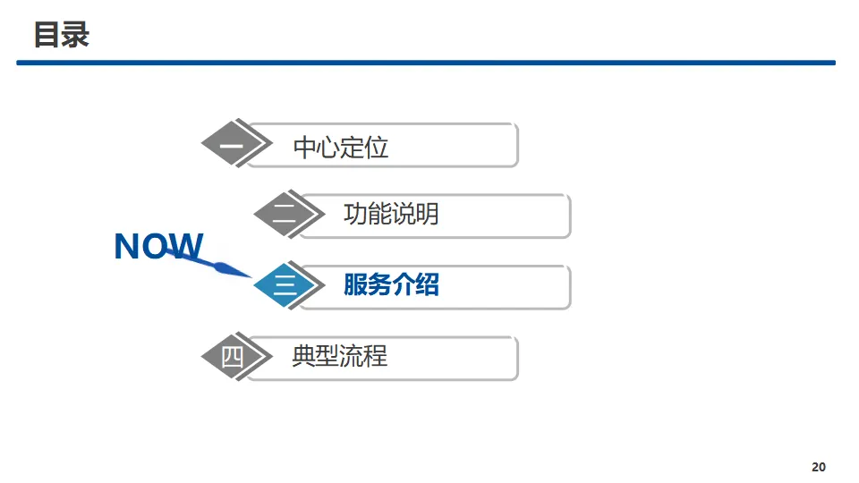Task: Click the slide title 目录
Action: pos(62,35)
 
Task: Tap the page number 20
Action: pos(819,467)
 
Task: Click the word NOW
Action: pos(158,246)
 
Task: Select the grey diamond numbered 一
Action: pos(231,144)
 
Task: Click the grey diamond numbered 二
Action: pos(284,216)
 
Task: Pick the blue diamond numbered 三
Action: pos(284,286)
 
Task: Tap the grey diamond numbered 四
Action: pos(231,357)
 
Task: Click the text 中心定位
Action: pos(341,148)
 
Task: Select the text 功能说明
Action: pos(391,214)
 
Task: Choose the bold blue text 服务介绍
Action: pos(391,285)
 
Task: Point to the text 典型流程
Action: pos(340,356)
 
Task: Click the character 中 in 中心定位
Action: pos(305,148)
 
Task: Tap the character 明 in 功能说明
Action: pos(427,214)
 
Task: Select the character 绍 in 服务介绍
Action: pos(428,285)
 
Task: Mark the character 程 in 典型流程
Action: pos(376,356)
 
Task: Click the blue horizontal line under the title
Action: pos(426,63)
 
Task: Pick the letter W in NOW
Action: pos(185,246)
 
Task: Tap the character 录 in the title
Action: pos(76,35)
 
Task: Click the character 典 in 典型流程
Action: pos(304,356)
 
